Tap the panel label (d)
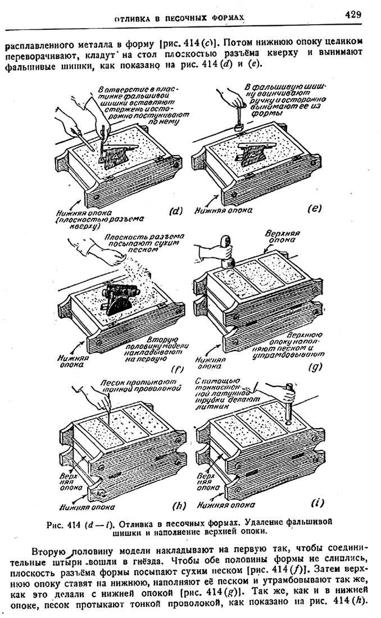pyautogui.click(x=176, y=211)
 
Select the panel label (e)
pyautogui.click(x=314, y=209)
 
